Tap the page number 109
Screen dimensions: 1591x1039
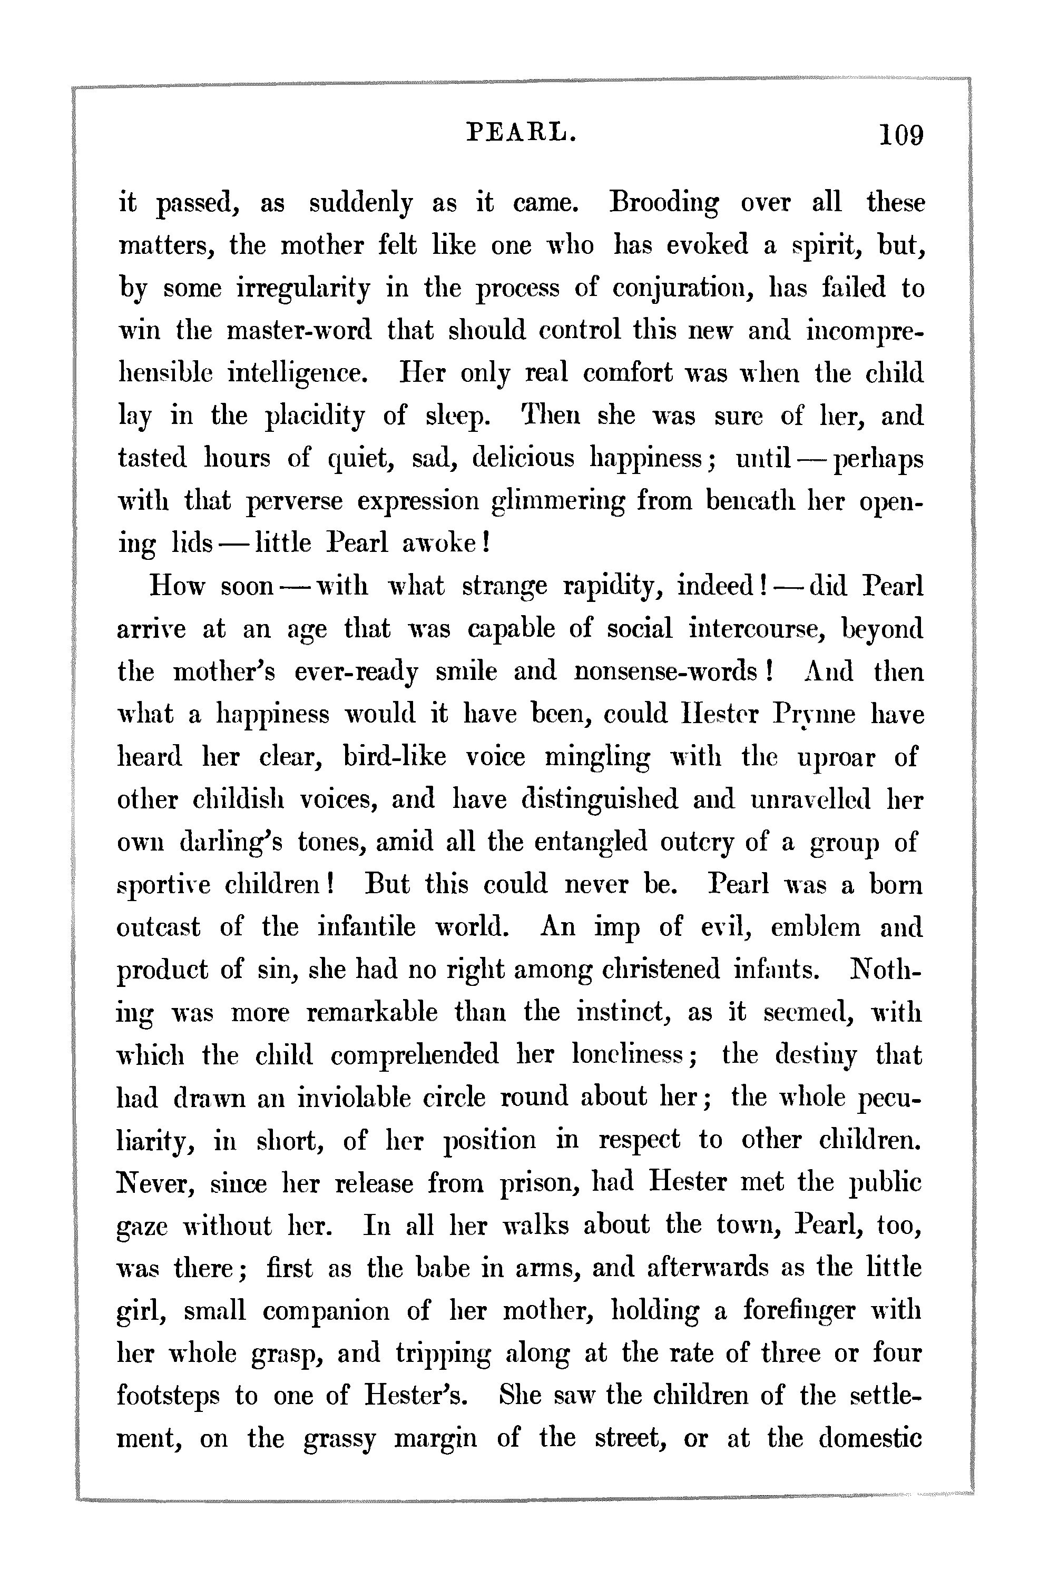[x=901, y=136]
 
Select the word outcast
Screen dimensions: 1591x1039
[x=159, y=928]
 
